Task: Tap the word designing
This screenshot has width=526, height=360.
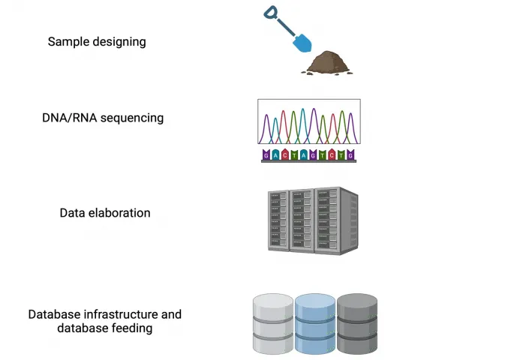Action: pyautogui.click(x=118, y=42)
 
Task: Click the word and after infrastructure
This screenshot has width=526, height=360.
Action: pyautogui.click(x=170, y=315)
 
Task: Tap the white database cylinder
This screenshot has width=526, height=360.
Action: pyautogui.click(x=273, y=324)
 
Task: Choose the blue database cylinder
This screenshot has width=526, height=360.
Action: pyautogui.click(x=314, y=324)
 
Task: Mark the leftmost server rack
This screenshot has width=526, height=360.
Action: pyautogui.click(x=279, y=219)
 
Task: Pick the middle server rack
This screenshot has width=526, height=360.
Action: pyautogui.click(x=302, y=219)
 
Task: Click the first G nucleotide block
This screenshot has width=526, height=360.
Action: pyautogui.click(x=266, y=155)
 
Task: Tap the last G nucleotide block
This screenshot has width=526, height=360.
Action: pyautogui.click(x=350, y=155)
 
